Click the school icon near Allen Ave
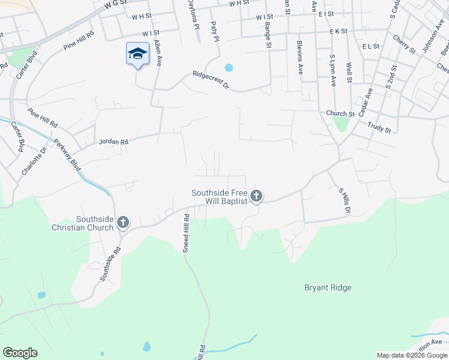137,54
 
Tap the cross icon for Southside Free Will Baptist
256,195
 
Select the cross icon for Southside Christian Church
122,223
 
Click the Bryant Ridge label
327,287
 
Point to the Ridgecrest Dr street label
211,81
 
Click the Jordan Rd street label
113,142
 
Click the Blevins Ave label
300,58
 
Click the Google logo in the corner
20,353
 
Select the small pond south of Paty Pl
228,67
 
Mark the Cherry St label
404,43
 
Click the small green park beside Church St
340,124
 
